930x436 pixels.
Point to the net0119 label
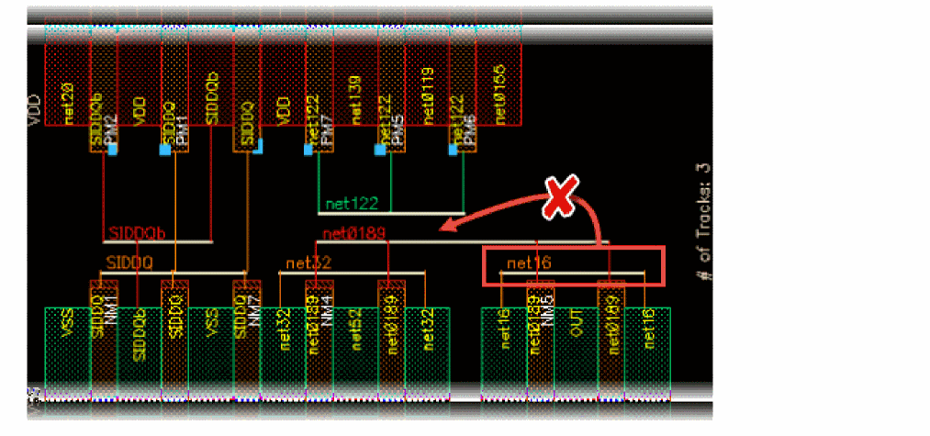pos(427,96)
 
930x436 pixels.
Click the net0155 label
pos(499,95)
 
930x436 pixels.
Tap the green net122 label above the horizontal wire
pos(353,203)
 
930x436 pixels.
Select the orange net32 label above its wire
pos(308,263)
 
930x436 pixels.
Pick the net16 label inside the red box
pos(528,264)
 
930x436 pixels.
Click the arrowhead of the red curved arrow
pos(443,228)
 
